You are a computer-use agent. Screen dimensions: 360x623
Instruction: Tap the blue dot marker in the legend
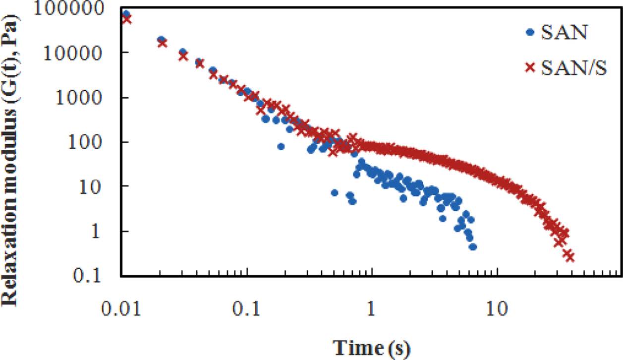(x=531, y=33)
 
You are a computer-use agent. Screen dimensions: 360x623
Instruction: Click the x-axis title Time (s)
(x=372, y=347)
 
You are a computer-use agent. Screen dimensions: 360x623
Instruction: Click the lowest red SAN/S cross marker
(x=569, y=256)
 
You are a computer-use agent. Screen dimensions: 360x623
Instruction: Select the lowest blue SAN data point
(x=473, y=246)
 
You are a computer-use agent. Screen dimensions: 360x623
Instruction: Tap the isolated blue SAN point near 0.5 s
(x=335, y=192)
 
